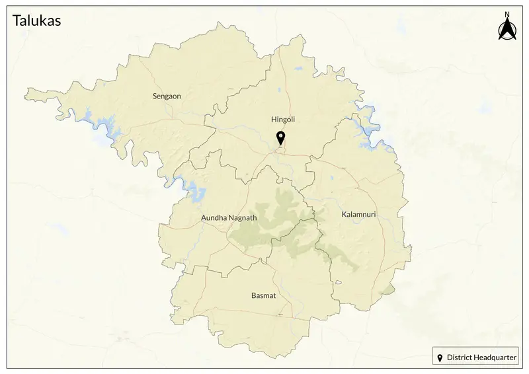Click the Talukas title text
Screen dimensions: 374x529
tap(36, 20)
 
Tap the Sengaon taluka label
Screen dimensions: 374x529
tap(167, 96)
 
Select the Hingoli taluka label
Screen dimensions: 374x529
tap(282, 120)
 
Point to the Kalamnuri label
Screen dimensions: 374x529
tap(358, 215)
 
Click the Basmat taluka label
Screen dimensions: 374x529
tap(263, 295)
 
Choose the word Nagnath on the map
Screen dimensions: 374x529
tap(243, 217)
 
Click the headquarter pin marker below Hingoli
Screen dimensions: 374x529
tap(280, 138)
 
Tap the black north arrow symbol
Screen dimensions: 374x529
tap(507, 30)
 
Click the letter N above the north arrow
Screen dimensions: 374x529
tap(507, 15)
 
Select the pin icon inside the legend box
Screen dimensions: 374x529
tap(440, 357)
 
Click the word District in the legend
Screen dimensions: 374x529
tap(461, 357)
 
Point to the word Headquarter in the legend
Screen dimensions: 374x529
tap(497, 357)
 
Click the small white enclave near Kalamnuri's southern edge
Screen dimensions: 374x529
tap(339, 282)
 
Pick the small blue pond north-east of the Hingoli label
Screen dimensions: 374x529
tap(298, 69)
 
